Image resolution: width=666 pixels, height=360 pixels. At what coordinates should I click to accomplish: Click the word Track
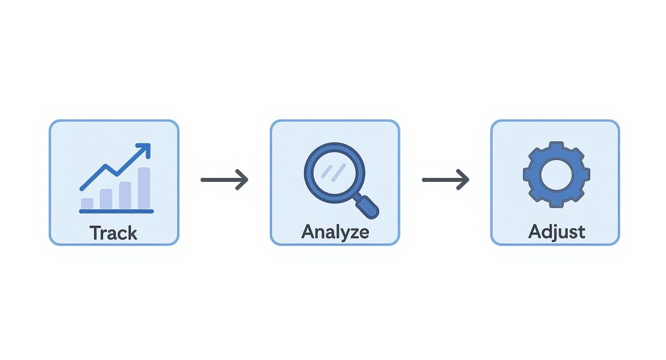(113, 233)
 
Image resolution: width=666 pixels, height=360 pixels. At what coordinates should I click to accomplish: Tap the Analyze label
(335, 232)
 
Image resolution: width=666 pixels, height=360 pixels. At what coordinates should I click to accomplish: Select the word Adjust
(556, 232)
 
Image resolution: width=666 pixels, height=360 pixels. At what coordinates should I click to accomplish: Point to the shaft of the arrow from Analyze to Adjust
(440, 180)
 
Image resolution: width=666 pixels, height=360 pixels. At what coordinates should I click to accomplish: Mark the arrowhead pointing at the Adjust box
(464, 180)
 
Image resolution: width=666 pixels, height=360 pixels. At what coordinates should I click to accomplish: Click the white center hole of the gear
(556, 174)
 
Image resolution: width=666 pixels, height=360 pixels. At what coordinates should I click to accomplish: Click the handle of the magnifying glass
(367, 207)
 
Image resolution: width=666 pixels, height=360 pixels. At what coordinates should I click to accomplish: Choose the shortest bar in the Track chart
(87, 203)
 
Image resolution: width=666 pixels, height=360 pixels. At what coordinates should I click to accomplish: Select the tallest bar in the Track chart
(144, 188)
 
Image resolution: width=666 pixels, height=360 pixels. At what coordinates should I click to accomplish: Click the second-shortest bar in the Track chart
(106, 199)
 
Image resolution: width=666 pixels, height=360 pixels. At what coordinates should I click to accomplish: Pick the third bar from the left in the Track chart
(125, 195)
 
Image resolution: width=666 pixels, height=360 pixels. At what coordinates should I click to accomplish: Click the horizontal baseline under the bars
(116, 211)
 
